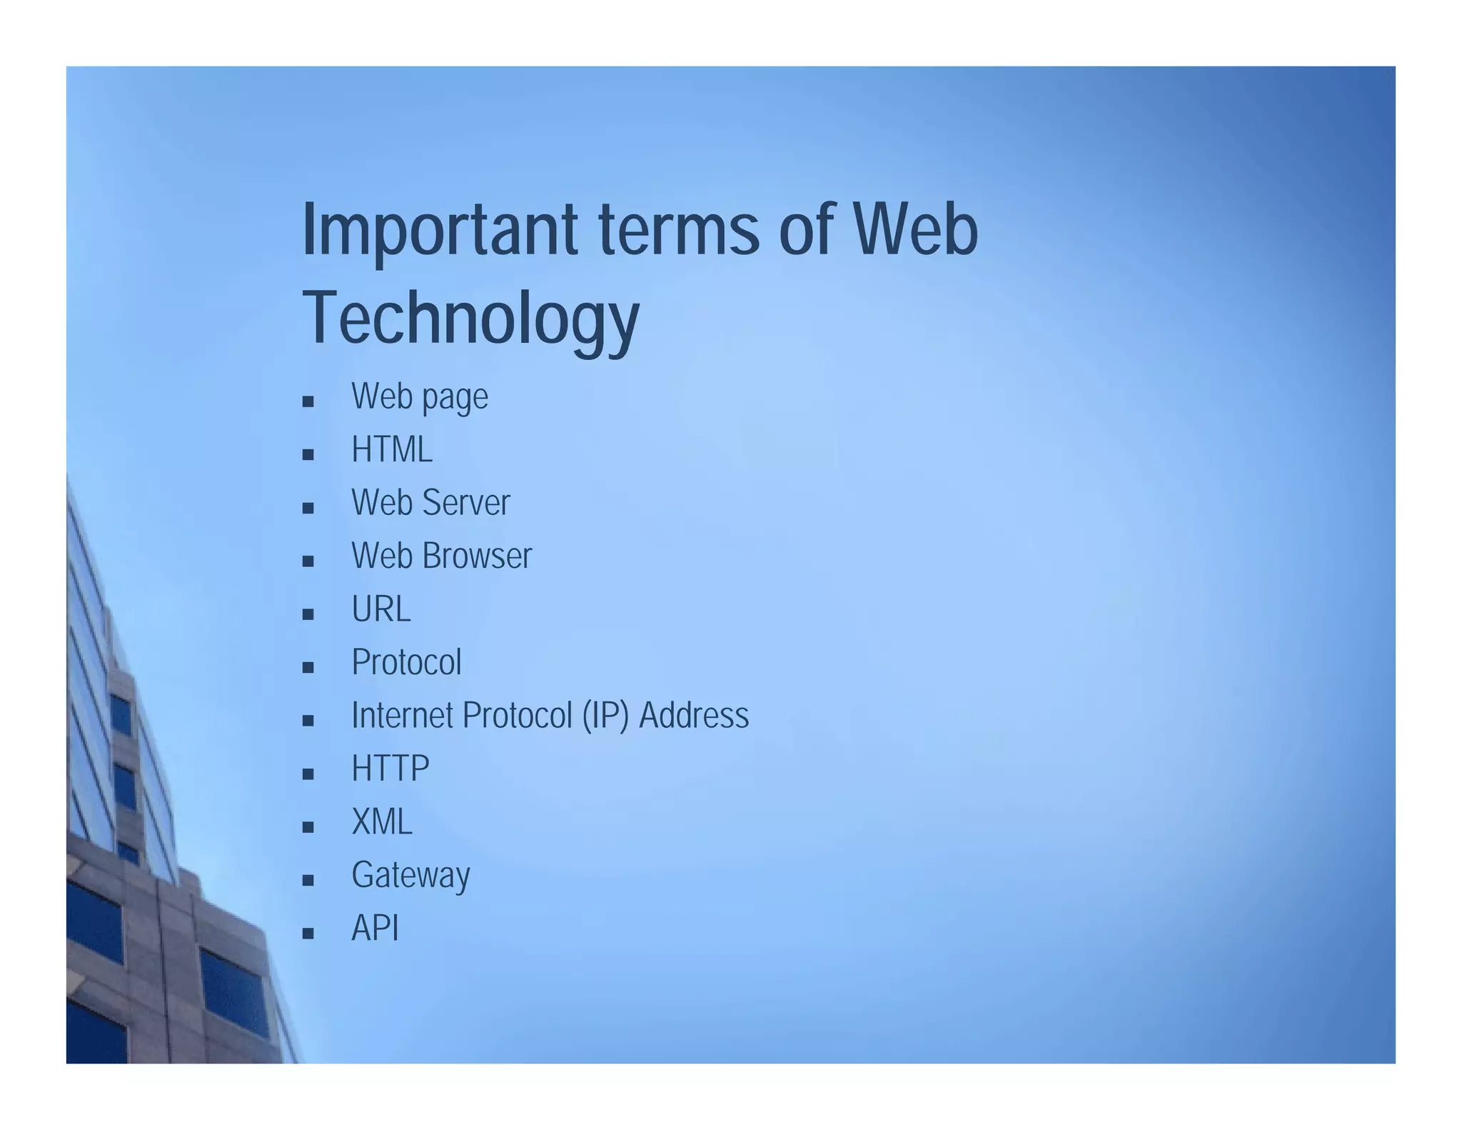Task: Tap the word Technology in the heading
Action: (470, 318)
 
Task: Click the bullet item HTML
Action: (392, 450)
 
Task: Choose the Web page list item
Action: (420, 396)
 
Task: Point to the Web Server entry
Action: (430, 502)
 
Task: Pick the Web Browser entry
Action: (441, 556)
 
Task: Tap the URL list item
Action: (380, 609)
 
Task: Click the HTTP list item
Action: (390, 769)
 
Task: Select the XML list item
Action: (382, 821)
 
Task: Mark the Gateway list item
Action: (410, 875)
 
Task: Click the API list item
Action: (375, 929)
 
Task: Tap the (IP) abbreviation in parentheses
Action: (605, 716)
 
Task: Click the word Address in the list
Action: (694, 716)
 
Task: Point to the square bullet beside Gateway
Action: (308, 880)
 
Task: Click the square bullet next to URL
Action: (308, 614)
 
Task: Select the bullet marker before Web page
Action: (308, 401)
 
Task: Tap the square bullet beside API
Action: (308, 934)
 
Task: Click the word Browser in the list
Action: (477, 556)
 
